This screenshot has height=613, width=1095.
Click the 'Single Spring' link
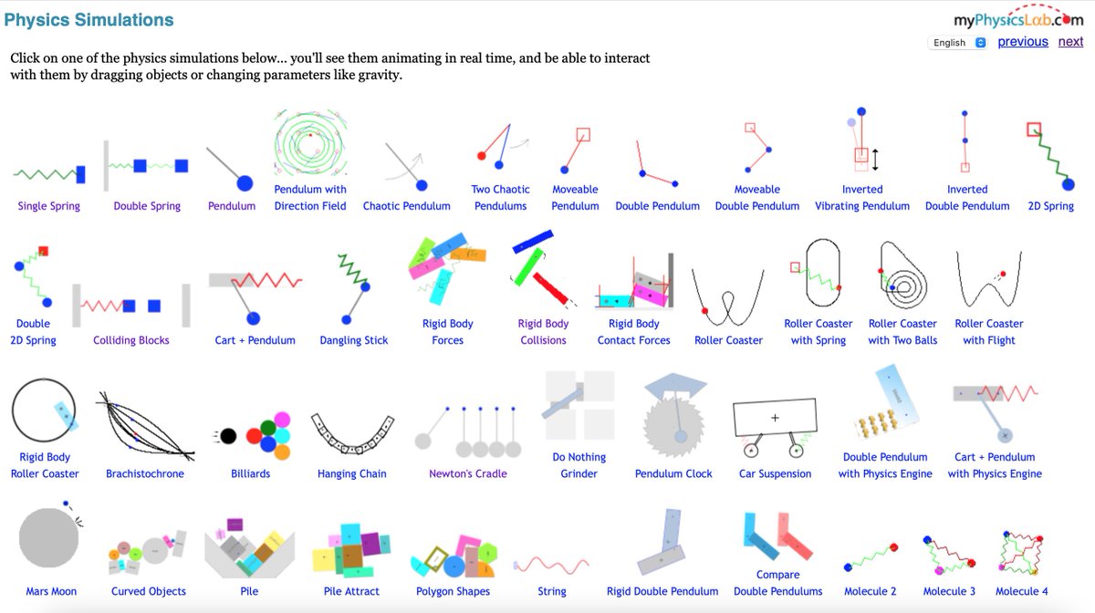tap(49, 206)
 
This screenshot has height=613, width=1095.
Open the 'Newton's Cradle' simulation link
tap(468, 473)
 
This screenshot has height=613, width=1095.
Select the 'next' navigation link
tap(1070, 42)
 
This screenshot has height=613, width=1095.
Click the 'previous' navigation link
tap(1023, 42)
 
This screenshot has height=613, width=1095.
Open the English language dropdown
tap(957, 43)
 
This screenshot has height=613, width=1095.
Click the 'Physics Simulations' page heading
tap(89, 19)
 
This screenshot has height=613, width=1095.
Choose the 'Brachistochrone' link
tap(145, 473)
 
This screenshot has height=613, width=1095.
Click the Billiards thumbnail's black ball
tap(228, 436)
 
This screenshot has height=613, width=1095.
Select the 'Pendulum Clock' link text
tap(673, 473)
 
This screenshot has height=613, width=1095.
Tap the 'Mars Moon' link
tap(51, 591)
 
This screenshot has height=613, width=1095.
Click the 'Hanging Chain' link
tap(352, 473)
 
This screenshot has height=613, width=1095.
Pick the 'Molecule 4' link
tap(1022, 591)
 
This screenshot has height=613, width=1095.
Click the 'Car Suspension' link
tap(775, 473)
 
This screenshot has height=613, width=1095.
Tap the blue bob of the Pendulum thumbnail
tap(245, 183)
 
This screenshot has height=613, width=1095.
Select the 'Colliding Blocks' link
tap(131, 340)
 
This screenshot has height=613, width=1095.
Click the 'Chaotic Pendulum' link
tap(407, 206)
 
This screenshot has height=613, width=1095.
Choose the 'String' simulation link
tap(552, 591)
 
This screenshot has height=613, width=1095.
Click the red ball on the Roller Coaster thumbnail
tap(705, 312)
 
